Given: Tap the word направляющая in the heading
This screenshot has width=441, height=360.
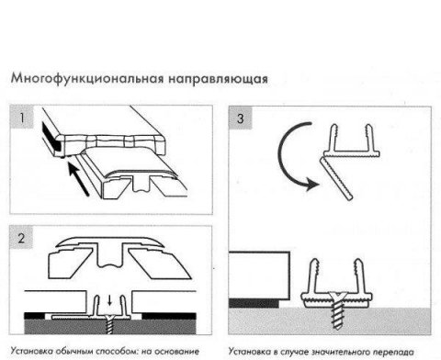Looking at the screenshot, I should [216, 79].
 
